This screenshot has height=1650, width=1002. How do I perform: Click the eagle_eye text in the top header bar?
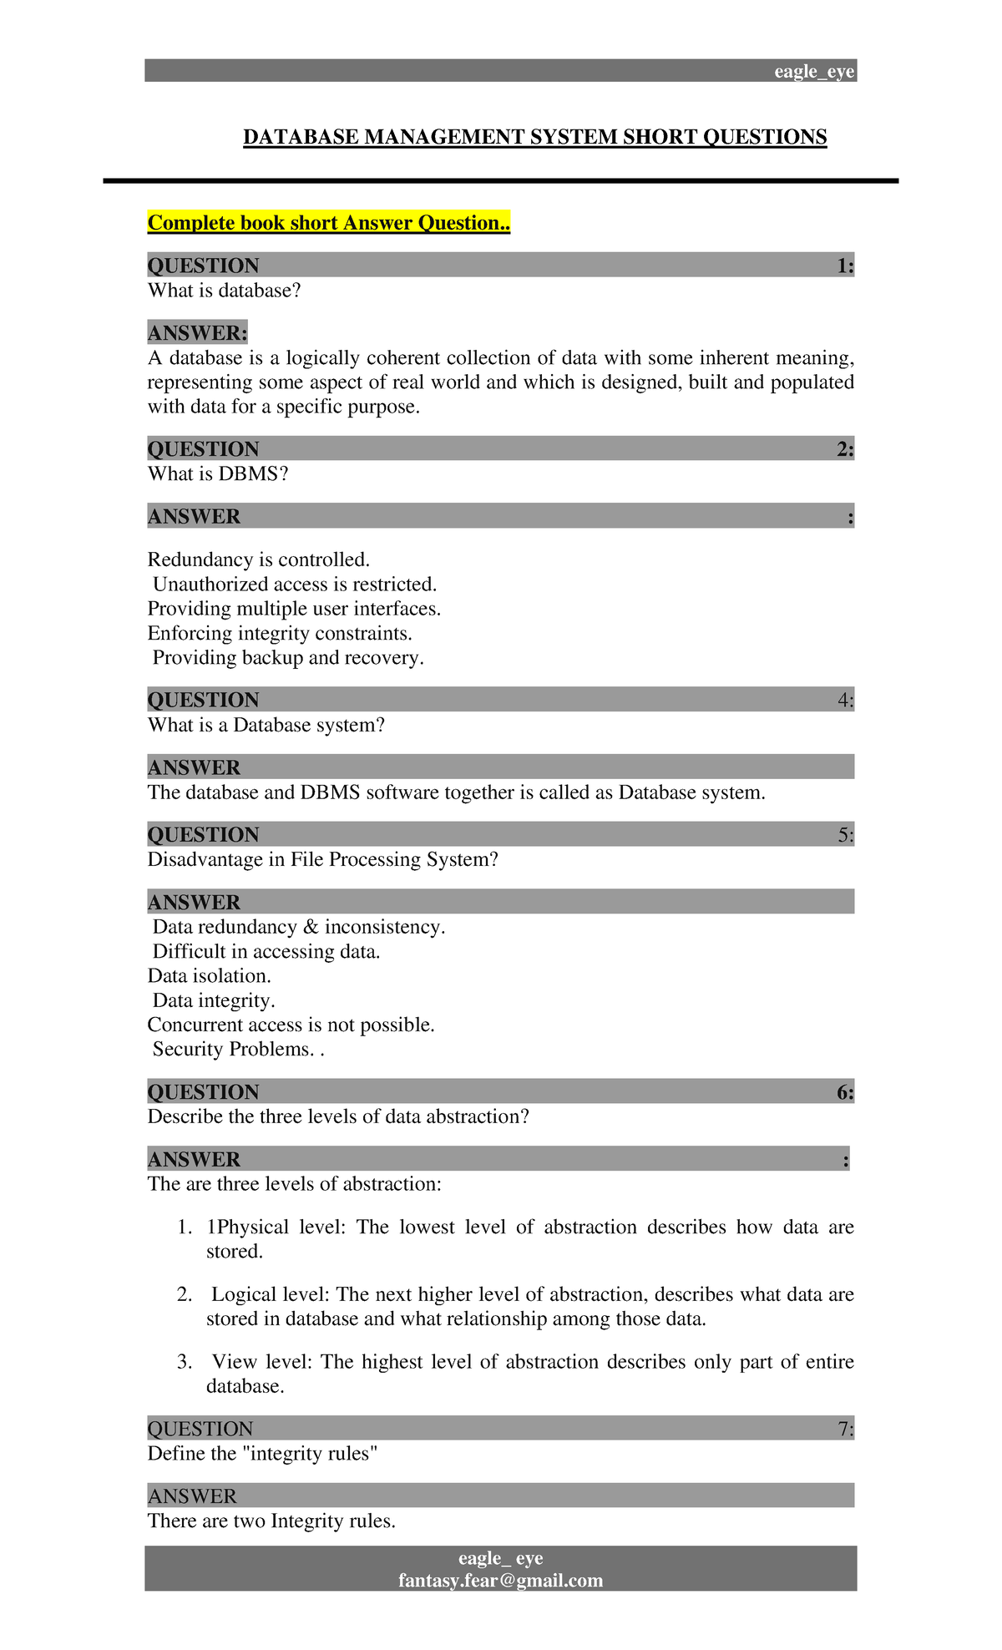coord(813,72)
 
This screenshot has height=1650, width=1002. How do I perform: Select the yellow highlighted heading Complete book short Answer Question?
coord(328,223)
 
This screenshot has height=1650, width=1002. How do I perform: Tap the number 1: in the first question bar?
coord(844,266)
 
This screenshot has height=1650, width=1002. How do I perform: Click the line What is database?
coord(224,291)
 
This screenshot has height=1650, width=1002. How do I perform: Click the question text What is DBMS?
coord(217,474)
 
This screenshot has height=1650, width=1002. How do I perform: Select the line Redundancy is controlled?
coord(258,559)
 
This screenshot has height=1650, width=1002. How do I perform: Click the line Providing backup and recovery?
coord(287,658)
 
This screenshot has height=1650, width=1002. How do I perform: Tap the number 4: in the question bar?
coord(845,701)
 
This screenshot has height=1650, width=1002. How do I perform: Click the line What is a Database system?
coord(266,726)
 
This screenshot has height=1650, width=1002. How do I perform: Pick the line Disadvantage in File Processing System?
coord(322,860)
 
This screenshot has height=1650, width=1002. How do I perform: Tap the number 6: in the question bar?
coord(844,1092)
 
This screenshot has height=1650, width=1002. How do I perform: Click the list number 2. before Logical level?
coord(185,1295)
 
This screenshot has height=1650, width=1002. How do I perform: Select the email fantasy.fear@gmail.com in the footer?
coord(500,1581)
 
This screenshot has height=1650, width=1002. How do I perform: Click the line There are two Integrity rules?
coord(271,1521)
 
